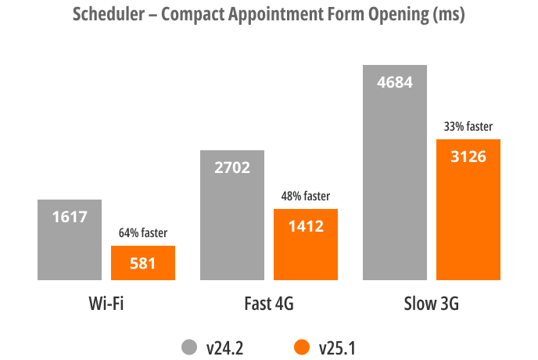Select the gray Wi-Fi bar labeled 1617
70,239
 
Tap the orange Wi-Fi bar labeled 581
142,263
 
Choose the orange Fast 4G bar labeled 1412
305,244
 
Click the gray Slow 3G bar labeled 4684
395,172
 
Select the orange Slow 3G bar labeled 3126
468,209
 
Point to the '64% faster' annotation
142,233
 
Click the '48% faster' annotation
305,196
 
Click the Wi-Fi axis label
106,303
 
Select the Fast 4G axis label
268,303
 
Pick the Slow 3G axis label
431,303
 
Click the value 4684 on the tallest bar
395,81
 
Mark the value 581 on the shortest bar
142,264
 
